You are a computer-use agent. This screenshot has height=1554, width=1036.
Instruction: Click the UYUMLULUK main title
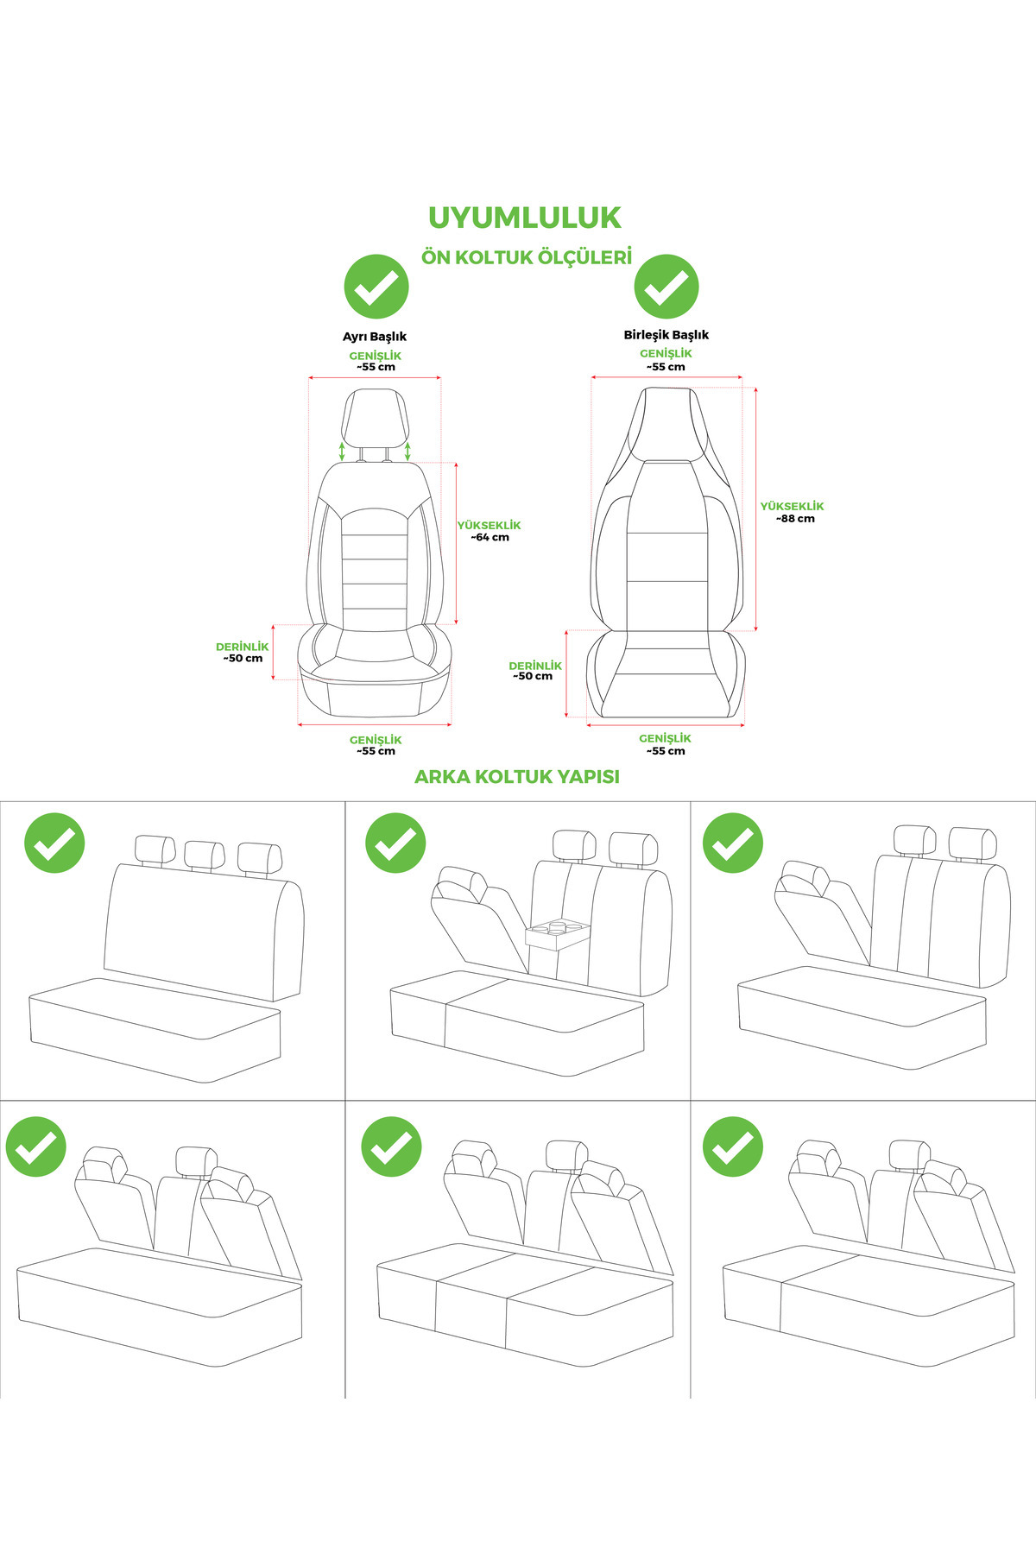point(525,218)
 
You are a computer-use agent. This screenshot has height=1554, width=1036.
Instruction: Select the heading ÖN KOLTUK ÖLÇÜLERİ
point(527,257)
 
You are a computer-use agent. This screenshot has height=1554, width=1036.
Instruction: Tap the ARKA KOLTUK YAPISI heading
point(517,776)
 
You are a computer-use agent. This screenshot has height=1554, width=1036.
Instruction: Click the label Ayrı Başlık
point(375,337)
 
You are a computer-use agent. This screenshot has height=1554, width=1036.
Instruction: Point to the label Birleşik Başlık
point(666,335)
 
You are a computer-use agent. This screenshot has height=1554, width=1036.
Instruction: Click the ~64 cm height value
point(490,537)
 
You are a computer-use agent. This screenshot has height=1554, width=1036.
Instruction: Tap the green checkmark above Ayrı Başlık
point(376,287)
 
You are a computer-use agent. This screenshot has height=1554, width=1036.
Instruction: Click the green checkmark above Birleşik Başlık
point(666,287)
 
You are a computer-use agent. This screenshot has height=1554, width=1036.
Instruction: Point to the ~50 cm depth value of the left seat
point(243,658)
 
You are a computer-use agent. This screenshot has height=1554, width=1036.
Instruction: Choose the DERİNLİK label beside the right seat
point(535,666)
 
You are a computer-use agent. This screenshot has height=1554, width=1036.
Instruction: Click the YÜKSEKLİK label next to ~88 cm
point(793,507)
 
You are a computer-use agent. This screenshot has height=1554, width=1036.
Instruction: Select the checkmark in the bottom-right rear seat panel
point(733,1147)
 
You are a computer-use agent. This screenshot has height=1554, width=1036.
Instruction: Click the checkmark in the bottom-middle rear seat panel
point(391,1147)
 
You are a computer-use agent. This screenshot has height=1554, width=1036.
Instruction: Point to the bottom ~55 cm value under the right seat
point(666,751)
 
